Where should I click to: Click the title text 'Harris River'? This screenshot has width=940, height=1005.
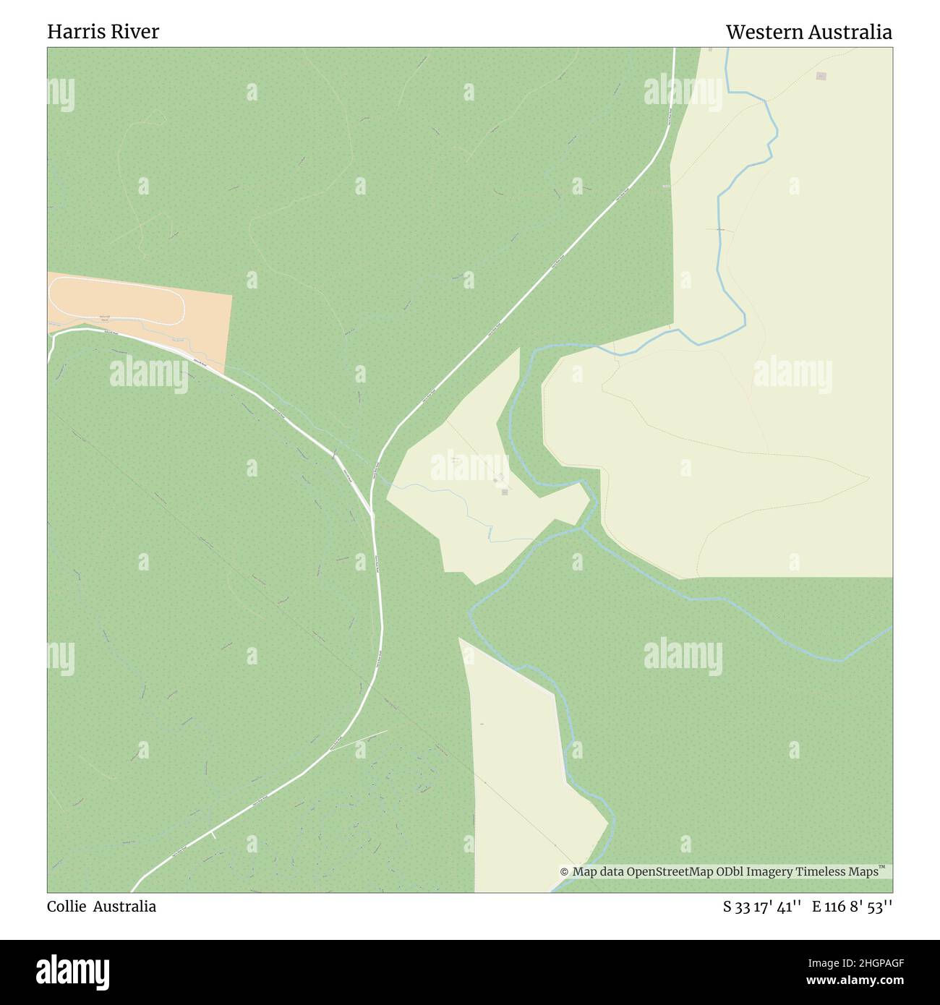coord(103,32)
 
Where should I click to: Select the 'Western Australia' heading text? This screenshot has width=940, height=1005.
coord(808,32)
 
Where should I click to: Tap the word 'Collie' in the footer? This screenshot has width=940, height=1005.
coord(65,906)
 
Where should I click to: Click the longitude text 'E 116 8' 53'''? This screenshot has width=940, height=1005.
coord(852,906)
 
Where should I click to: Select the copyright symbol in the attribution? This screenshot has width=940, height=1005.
coord(565,872)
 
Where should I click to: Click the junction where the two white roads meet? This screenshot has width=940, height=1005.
coord(372,515)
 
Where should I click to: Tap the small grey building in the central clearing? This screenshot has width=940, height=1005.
coord(504,492)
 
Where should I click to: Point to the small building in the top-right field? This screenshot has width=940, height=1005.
coord(821,76)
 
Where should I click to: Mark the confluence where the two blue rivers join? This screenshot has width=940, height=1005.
coord(583,528)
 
